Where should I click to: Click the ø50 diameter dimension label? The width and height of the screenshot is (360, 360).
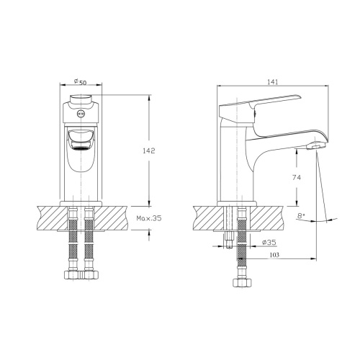click(x=80, y=81)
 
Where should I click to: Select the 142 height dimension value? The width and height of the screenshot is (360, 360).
click(x=149, y=150)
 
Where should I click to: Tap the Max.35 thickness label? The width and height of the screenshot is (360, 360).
click(x=149, y=218)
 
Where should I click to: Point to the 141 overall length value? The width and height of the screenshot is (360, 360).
click(x=272, y=82)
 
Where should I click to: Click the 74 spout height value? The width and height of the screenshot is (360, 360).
click(x=297, y=177)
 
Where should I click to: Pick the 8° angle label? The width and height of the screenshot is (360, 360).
click(x=301, y=215)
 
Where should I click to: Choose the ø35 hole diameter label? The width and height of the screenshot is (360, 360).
click(x=269, y=243)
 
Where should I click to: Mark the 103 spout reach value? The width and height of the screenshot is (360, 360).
click(x=274, y=255)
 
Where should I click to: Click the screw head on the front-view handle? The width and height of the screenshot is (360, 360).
click(x=81, y=114)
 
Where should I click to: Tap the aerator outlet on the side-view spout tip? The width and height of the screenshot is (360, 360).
click(x=315, y=145)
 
